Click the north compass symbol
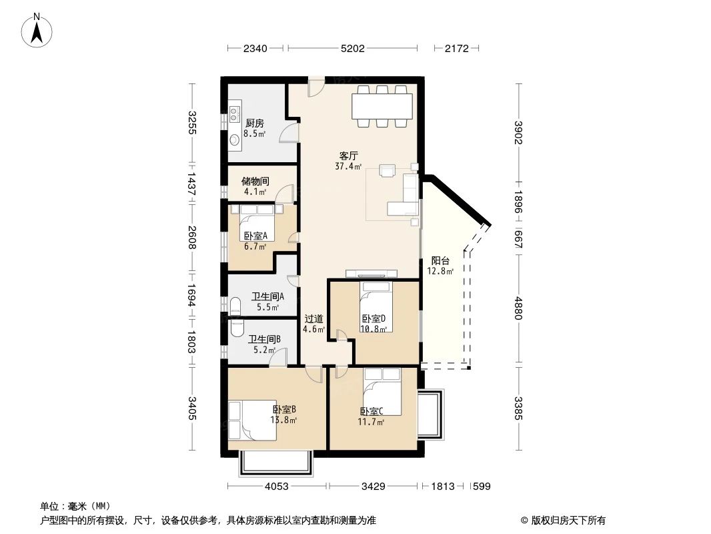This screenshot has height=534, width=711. pyautogui.click(x=37, y=30)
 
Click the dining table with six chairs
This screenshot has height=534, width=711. pyautogui.click(x=382, y=106)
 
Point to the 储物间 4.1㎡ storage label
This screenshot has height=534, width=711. pyautogui.click(x=255, y=186)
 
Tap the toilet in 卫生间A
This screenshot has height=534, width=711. pyautogui.click(x=235, y=306)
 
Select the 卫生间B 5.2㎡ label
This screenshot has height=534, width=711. pyautogui.click(x=264, y=344)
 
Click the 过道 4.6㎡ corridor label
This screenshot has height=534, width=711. pyautogui.click(x=314, y=324)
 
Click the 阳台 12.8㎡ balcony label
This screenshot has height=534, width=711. pyautogui.click(x=440, y=266)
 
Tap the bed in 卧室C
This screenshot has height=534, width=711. pyautogui.click(x=382, y=393)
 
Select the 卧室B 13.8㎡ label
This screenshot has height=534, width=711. pyautogui.click(x=284, y=415)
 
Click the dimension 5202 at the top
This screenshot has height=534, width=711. pyautogui.click(x=352, y=48)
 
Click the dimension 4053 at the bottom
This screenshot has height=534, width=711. pyautogui.click(x=276, y=487)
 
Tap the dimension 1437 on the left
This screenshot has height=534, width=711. pyautogui.click(x=192, y=184)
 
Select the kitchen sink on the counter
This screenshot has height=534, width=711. pyautogui.click(x=235, y=112)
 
